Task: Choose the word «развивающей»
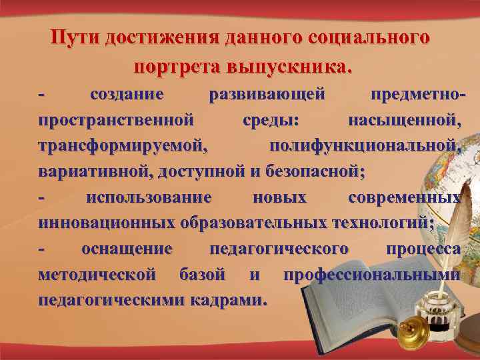pos(267,95)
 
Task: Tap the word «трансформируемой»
pos(123,146)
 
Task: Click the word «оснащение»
pos(127,249)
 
